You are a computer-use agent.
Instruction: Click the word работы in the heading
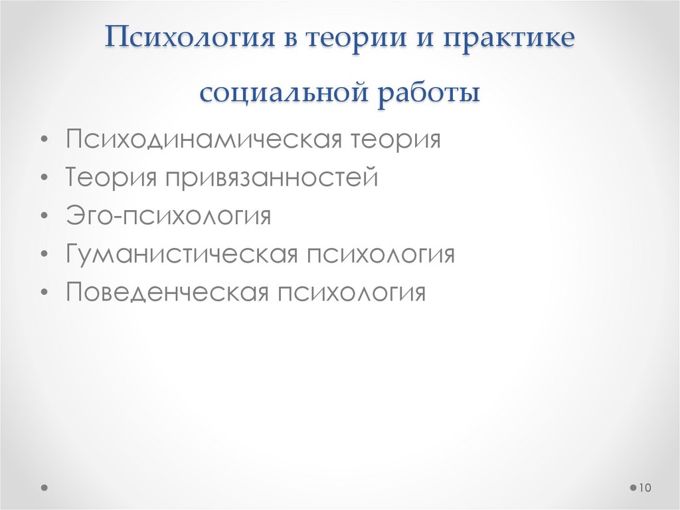[429, 91]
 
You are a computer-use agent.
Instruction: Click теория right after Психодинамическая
[396, 141]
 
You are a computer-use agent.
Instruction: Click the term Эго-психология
[168, 217]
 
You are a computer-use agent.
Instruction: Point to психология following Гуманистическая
[380, 255]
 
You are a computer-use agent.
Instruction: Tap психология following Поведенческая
[351, 293]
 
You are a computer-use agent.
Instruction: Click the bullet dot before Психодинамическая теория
[44, 142]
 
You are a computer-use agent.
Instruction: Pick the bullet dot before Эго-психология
[44, 217]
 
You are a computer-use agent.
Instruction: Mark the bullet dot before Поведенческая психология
[44, 293]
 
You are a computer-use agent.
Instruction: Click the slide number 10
[644, 489]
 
